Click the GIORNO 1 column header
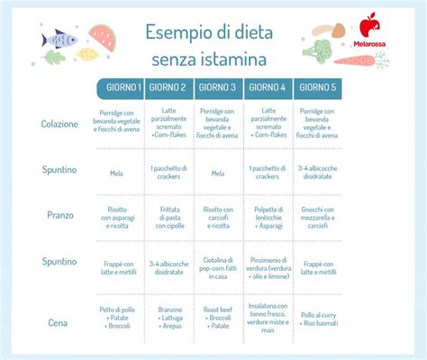pyautogui.click(x=122, y=87)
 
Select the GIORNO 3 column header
pyautogui.click(x=217, y=87)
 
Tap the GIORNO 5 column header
pyautogui.click(x=317, y=87)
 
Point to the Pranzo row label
pyautogui.click(x=60, y=216)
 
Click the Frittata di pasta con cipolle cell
pyautogui.click(x=171, y=216)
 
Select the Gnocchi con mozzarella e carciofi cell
pyautogui.click(x=318, y=216)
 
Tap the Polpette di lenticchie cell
pyautogui.click(x=268, y=216)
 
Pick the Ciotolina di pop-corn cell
pyautogui.click(x=218, y=266)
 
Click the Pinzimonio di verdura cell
pyautogui.click(x=268, y=266)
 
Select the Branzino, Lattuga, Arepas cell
pyautogui.click(x=171, y=319)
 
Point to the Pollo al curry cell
pyautogui.click(x=318, y=319)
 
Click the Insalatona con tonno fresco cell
pyautogui.click(x=268, y=319)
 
